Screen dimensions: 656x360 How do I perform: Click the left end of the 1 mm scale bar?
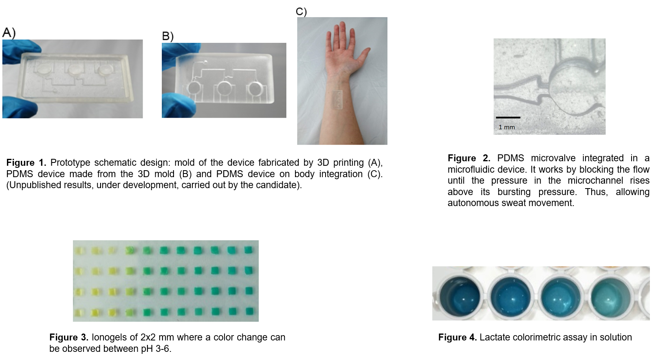pyautogui.click(x=496, y=118)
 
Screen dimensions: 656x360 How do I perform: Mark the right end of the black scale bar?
pyautogui.click(x=520, y=118)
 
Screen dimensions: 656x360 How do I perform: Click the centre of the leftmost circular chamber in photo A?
pyautogui.click(x=45, y=69)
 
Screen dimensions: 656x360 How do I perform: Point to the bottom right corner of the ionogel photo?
pyautogui.click(x=258, y=321)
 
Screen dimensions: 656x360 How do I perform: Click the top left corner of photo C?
pyautogui.click(x=297, y=17)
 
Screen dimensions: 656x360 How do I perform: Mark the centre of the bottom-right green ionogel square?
pyautogui.click(x=249, y=311)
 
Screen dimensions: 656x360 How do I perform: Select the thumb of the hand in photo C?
pyautogui.click(x=363, y=56)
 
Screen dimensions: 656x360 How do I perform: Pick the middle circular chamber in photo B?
pyautogui.click(x=225, y=88)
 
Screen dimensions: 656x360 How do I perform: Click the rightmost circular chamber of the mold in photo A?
pyautogui.click(x=106, y=69)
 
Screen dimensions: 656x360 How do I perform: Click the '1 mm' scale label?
pyautogui.click(x=506, y=127)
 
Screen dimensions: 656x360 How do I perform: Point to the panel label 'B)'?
pyautogui.click(x=168, y=36)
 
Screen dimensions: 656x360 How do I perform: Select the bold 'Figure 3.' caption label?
pyautogui.click(x=69, y=338)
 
